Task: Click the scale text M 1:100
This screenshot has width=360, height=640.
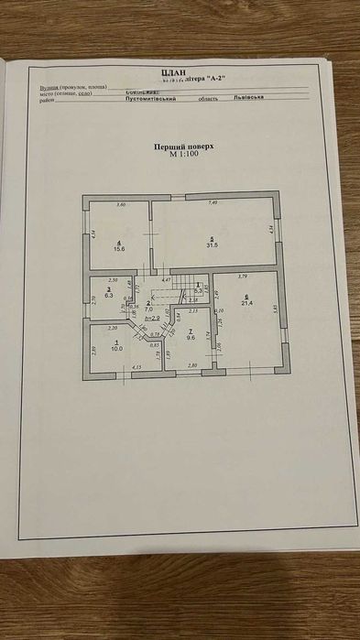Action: (x=183, y=154)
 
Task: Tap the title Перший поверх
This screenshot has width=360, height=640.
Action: (x=183, y=146)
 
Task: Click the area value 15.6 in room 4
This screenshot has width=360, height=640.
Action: (x=119, y=248)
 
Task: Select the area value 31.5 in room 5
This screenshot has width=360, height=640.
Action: (x=213, y=244)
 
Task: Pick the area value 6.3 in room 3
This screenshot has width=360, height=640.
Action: (x=109, y=296)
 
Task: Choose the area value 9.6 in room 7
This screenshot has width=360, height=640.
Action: (x=191, y=337)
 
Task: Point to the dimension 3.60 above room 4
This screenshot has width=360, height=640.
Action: (x=120, y=204)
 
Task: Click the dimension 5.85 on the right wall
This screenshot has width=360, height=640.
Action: (x=274, y=310)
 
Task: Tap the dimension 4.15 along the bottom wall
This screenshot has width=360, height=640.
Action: (x=137, y=367)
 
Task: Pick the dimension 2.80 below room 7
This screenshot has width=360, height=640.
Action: (x=192, y=365)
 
